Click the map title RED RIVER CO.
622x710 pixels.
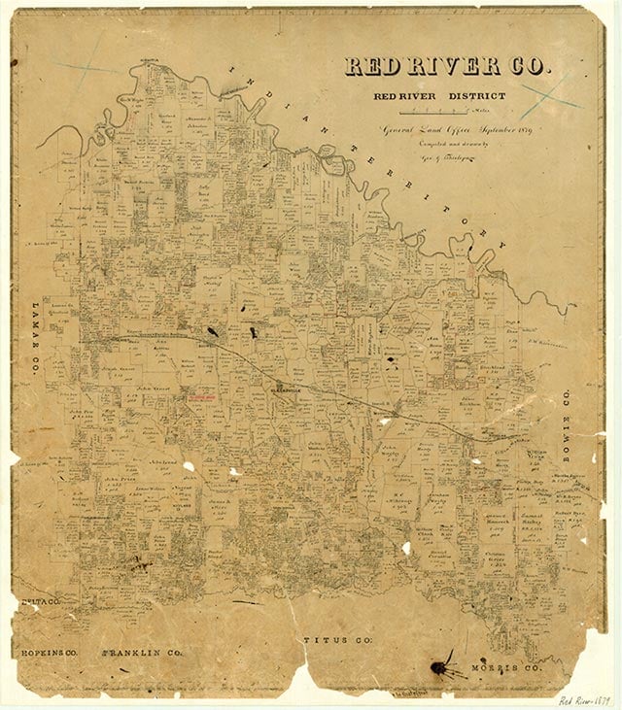(447, 66)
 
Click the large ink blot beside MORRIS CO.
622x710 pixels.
(443, 666)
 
